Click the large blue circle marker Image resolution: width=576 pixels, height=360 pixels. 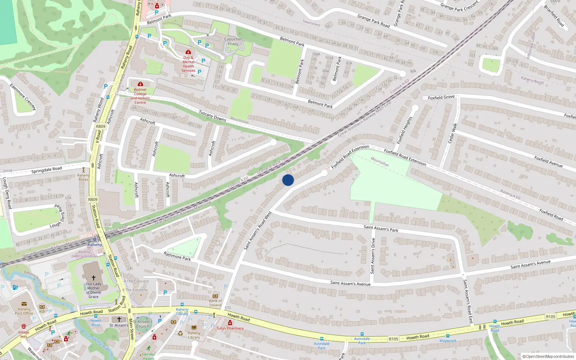tap(288, 180)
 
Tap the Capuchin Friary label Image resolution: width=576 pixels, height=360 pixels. tap(233, 41)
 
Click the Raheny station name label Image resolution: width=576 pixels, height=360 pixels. tap(95, 245)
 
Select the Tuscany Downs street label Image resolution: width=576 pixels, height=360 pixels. tap(212, 116)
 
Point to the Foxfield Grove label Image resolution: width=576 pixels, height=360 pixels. tap(441, 98)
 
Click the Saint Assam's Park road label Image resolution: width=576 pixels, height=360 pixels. tap(381, 228)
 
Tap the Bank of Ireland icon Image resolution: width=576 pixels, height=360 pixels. tap(215, 296)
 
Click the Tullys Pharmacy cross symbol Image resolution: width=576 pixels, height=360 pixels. tap(230, 323)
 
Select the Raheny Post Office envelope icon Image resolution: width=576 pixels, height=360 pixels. tap(24, 304)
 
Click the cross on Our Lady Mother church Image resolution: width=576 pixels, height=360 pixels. tap(93, 278)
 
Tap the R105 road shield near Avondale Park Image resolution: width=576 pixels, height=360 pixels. tap(393, 339)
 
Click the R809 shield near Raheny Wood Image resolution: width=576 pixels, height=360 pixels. tap(101, 126)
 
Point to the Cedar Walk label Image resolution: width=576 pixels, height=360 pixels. tap(452, 133)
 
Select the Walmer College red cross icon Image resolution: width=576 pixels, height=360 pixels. tap(140, 84)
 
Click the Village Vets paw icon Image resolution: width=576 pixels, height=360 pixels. tap(24, 327)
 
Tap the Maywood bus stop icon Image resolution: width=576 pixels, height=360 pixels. tap(447, 336)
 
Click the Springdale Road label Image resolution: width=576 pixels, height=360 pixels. tap(46, 170)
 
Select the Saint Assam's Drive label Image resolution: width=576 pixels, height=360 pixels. tap(373, 256)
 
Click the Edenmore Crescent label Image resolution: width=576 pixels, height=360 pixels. tap(23, 97)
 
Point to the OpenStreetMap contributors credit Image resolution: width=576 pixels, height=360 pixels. tap(548, 357)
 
